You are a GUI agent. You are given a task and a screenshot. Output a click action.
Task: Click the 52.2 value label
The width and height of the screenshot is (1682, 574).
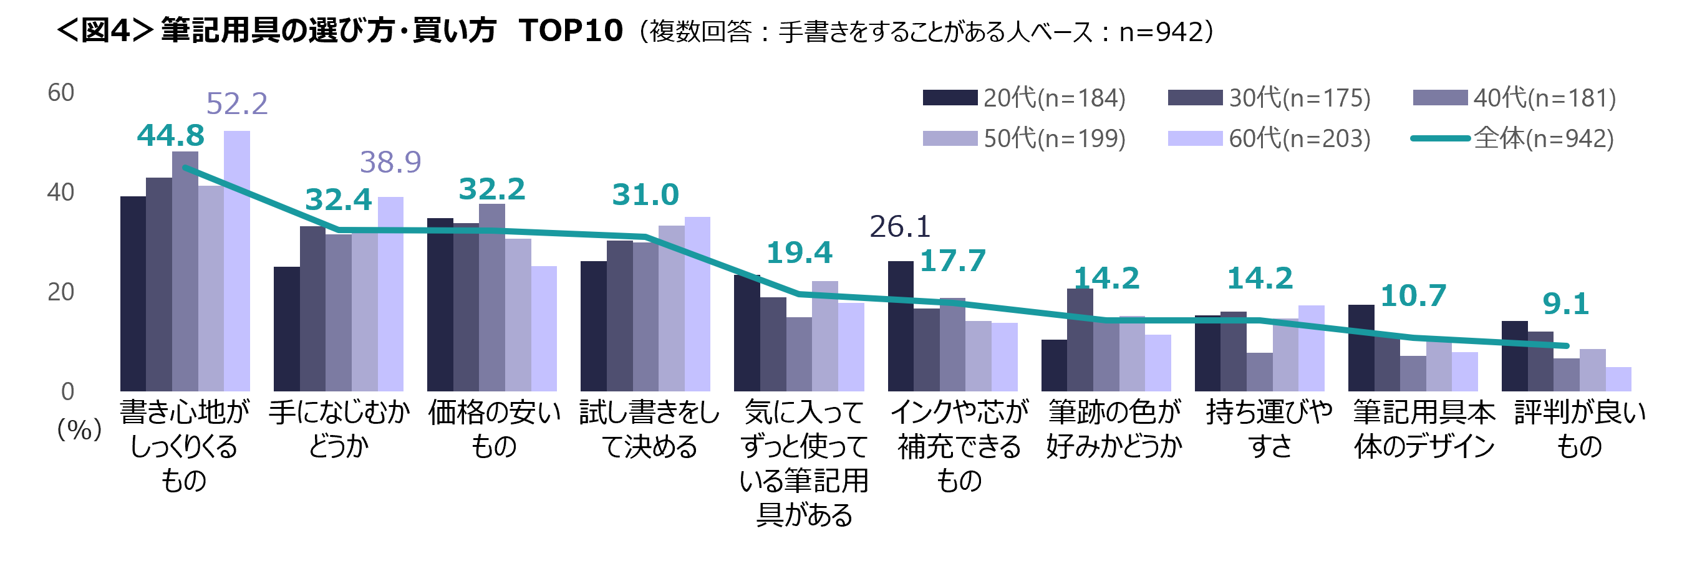coord(237,103)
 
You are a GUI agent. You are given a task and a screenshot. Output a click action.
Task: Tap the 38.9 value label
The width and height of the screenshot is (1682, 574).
coord(390,162)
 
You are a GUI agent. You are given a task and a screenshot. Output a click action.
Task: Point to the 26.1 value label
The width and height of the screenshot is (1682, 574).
coord(900,227)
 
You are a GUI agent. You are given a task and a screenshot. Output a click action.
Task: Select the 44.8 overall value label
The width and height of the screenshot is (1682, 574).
coord(170,136)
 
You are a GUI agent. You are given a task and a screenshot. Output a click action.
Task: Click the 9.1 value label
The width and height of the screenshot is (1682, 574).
coord(1565,304)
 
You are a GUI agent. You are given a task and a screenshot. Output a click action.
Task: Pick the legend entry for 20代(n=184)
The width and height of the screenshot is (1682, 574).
coord(1024,98)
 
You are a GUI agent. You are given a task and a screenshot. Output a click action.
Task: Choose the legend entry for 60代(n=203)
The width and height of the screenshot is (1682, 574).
coord(1269,138)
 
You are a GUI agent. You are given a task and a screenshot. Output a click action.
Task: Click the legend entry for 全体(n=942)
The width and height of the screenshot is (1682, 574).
coord(1512,138)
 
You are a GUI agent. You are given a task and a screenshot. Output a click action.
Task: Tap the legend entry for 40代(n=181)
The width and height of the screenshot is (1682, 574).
coord(1514,98)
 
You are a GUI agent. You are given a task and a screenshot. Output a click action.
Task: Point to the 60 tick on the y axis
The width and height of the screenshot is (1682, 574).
coord(60,93)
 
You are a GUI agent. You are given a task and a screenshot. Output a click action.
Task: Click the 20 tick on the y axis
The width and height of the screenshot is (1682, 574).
coord(60,292)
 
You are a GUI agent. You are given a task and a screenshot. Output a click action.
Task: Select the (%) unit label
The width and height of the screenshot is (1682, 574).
coord(79,429)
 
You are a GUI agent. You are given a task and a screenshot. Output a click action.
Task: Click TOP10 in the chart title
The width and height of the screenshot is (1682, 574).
coord(570,31)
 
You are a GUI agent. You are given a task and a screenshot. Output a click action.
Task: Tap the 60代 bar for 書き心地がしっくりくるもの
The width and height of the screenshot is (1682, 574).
coord(237,261)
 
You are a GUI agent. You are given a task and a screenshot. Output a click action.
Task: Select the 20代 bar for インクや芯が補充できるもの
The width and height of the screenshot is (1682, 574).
coord(901,326)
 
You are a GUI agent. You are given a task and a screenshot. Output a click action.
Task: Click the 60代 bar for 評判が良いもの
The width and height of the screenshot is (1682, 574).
coord(1618,379)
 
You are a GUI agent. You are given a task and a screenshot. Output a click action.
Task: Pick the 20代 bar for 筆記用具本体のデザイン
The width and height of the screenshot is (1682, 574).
coord(1361,348)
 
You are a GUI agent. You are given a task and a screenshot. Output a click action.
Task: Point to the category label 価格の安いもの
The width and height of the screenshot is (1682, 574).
coord(494,429)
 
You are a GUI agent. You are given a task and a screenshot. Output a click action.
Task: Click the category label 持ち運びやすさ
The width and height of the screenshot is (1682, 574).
coord(1269,429)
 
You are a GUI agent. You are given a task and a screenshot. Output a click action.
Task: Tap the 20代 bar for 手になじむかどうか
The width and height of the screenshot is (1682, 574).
coord(287,328)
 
